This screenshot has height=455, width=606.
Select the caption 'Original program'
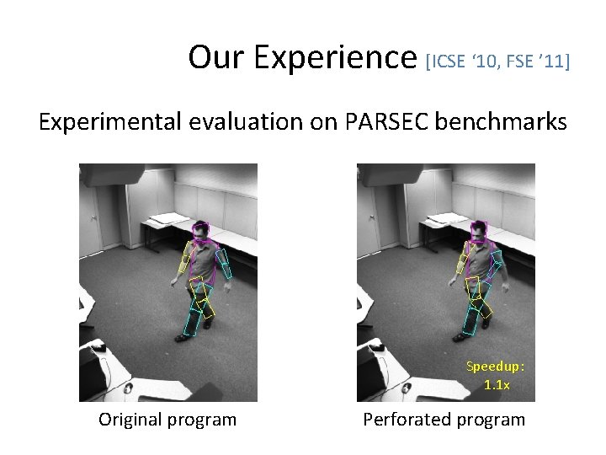point(167,419)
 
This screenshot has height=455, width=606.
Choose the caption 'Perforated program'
point(444,419)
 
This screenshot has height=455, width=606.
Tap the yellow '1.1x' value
point(497,384)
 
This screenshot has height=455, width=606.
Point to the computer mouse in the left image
point(99,348)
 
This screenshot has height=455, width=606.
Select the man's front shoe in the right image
point(460,337)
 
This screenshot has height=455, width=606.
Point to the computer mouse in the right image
point(377,348)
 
